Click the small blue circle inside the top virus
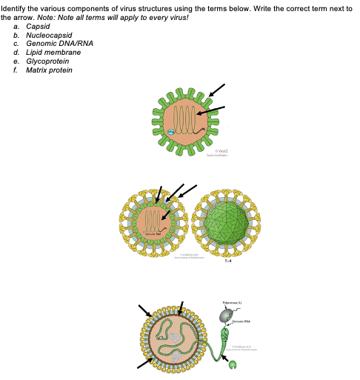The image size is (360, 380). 170,132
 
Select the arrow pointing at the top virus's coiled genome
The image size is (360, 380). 212,110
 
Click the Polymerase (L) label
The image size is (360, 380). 231,304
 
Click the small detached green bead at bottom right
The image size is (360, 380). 233,364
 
